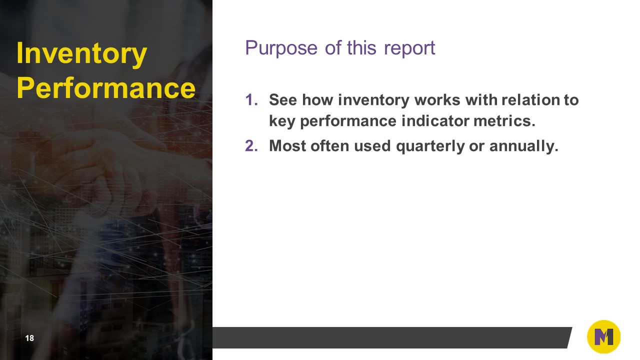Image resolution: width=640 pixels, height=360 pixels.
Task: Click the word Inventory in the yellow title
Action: pyautogui.click(x=81, y=54)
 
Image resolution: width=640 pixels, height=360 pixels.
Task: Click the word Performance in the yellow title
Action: pyautogui.click(x=105, y=88)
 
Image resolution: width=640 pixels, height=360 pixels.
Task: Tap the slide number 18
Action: pyautogui.click(x=29, y=338)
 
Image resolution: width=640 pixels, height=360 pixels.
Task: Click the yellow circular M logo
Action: pyautogui.click(x=603, y=337)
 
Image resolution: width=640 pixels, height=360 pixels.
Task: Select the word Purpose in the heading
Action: pyautogui.click(x=281, y=48)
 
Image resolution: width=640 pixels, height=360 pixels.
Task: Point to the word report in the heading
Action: pyautogui.click(x=409, y=48)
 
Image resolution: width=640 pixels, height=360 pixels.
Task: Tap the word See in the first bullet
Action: pyautogui.click(x=283, y=100)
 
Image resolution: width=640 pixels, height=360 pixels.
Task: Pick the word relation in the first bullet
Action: pyautogui.click(x=530, y=100)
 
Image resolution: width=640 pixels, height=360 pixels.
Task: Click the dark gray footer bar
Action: pyautogui.click(x=390, y=337)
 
